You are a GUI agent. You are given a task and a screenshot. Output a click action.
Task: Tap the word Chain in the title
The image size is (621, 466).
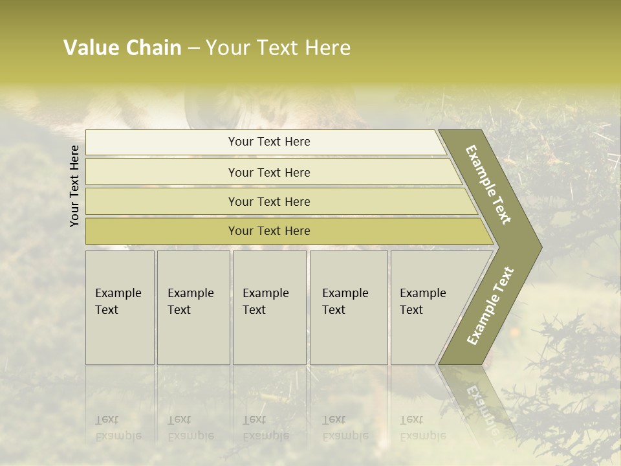[x=154, y=48]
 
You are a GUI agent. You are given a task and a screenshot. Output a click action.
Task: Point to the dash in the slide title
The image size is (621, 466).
[x=193, y=49]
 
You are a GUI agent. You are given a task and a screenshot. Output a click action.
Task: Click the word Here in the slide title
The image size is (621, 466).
[x=328, y=48]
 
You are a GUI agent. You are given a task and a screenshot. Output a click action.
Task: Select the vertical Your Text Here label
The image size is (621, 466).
[x=74, y=186]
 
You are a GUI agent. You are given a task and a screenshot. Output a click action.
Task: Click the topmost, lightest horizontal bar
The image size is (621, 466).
[x=268, y=142]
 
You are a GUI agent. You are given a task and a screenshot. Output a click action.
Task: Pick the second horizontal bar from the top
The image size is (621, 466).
[x=268, y=172]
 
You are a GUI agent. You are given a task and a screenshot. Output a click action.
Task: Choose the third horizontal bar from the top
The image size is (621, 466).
[x=268, y=201]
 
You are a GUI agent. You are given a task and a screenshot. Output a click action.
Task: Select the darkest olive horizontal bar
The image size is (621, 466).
[x=268, y=231]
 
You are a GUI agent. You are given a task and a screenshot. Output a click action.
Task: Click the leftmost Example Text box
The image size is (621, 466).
[x=120, y=307]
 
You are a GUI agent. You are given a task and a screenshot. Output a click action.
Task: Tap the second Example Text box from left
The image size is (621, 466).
[x=193, y=307]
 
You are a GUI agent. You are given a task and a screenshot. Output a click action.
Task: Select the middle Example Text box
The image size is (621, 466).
[x=269, y=307]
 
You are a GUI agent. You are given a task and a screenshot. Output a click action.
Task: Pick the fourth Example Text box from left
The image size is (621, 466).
[x=349, y=307]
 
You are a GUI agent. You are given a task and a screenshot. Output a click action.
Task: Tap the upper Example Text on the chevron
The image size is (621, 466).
[x=488, y=184]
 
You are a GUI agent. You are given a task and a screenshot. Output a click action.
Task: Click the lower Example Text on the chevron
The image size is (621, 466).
[x=490, y=306]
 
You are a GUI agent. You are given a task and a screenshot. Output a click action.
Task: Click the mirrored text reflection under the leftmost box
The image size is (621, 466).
[x=118, y=428]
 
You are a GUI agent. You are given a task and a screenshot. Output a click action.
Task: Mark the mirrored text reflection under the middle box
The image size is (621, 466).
[x=265, y=428]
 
